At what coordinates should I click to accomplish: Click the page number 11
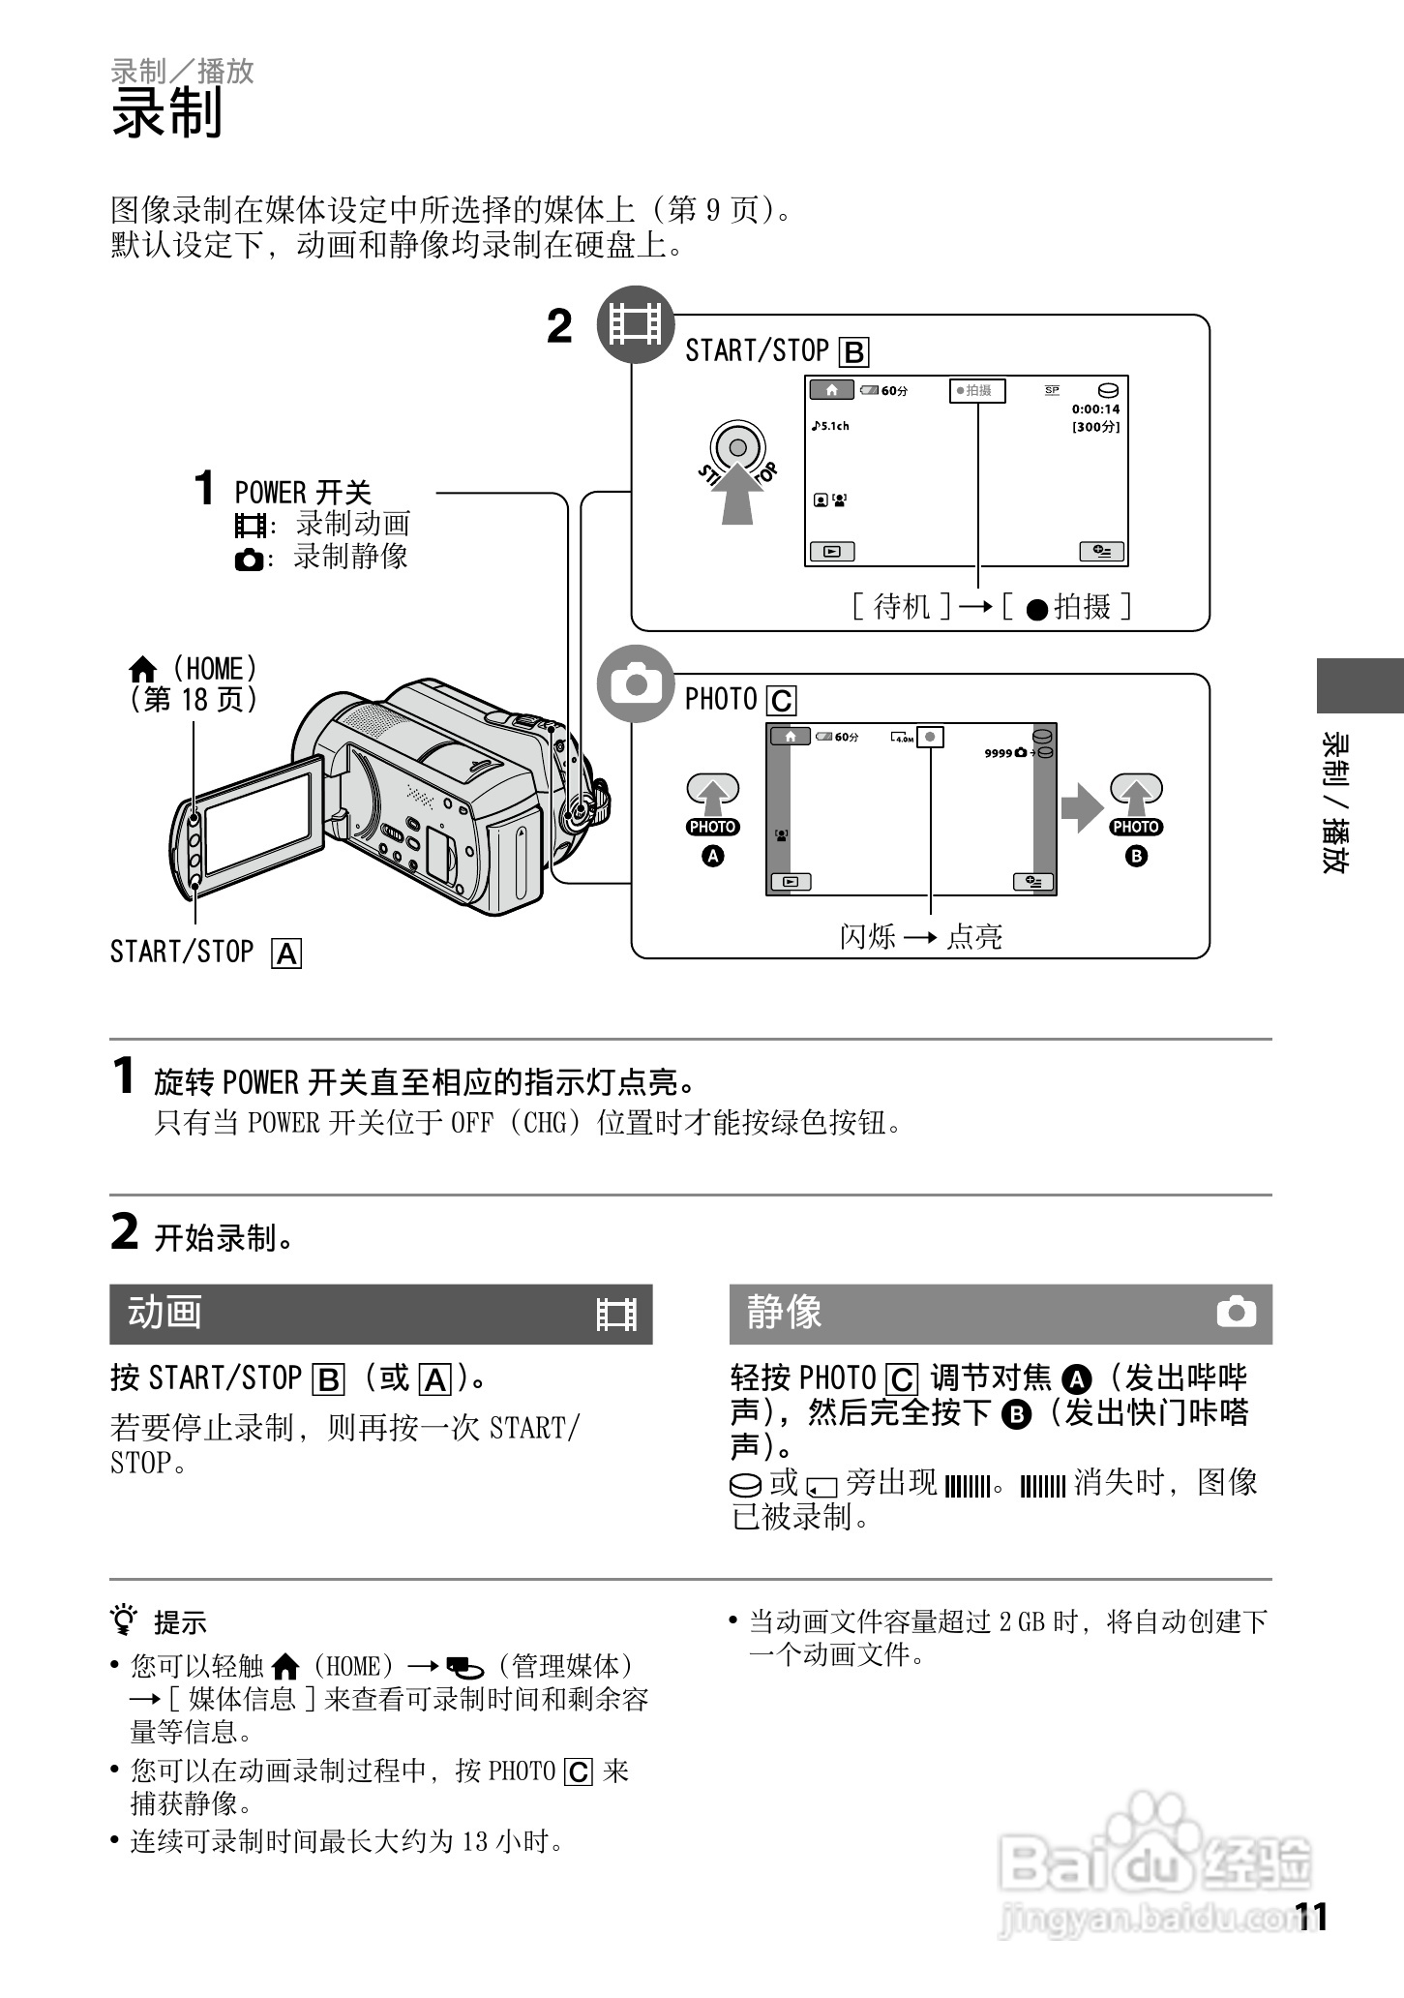click(1312, 1917)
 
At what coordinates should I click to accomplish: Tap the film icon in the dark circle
click(635, 324)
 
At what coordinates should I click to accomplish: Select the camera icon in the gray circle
click(636, 684)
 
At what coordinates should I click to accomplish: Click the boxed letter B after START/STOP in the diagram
click(853, 352)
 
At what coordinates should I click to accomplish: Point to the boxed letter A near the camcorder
click(287, 954)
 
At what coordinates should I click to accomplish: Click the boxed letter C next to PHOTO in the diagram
click(781, 701)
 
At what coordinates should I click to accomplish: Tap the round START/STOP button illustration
click(737, 448)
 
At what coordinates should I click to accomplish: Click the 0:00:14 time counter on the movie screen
click(1095, 409)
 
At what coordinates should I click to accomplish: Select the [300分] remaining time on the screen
click(1095, 427)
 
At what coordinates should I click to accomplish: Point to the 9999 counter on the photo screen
click(998, 753)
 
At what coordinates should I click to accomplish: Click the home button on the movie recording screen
click(831, 390)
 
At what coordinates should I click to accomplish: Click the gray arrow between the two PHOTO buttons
click(1081, 806)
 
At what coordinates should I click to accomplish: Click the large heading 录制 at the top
click(167, 112)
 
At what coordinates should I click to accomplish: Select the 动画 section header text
click(164, 1313)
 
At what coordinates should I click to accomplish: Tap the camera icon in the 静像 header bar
click(1236, 1313)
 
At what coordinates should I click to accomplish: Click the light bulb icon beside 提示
click(123, 1620)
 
